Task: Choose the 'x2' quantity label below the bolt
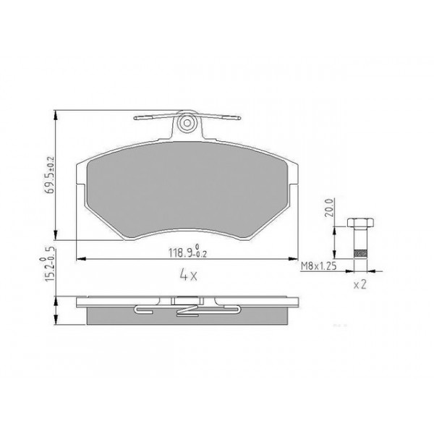[361, 285]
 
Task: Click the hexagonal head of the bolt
[359, 220]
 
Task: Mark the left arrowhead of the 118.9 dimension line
[79, 258]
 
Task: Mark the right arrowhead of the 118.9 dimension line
[293, 258]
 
